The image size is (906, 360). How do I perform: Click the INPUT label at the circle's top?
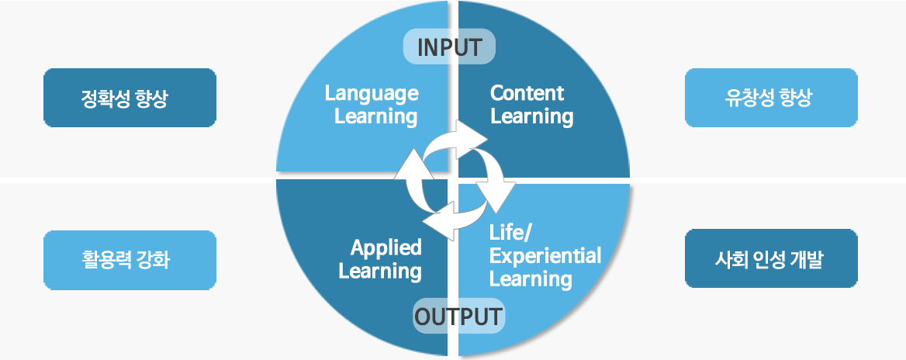[x=449, y=47]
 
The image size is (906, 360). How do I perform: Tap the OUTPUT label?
[x=458, y=317]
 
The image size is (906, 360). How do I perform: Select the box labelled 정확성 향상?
[x=130, y=98]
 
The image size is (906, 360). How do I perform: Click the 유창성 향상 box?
[x=771, y=98]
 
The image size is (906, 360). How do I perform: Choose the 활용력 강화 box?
[x=130, y=260]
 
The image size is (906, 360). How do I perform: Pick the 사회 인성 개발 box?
[x=771, y=258]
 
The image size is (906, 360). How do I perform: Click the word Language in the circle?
[x=372, y=94]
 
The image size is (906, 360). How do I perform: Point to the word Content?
[x=527, y=94]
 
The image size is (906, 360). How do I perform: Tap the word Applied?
[x=386, y=248]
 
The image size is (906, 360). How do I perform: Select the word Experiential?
[x=545, y=256]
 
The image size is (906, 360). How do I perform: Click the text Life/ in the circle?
[x=507, y=233]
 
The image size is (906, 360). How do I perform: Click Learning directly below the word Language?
[x=375, y=117]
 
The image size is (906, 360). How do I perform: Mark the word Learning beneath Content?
[x=531, y=117]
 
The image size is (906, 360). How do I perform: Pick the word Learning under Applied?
[x=380, y=272]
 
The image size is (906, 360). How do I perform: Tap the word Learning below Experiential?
[x=531, y=279]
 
